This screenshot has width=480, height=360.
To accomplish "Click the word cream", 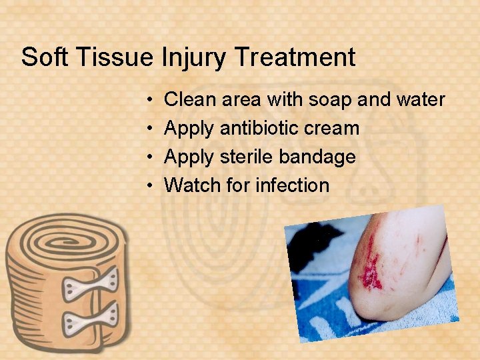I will [333, 128].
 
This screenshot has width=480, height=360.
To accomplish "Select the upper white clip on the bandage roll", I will [91, 284].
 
